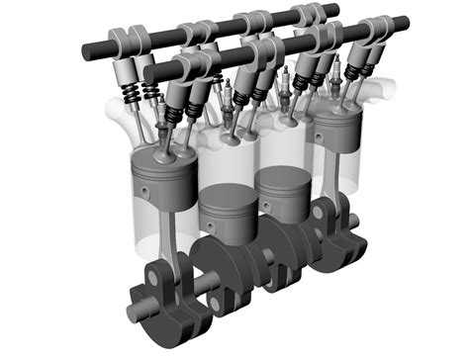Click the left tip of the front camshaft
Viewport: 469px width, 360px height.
(148, 72)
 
